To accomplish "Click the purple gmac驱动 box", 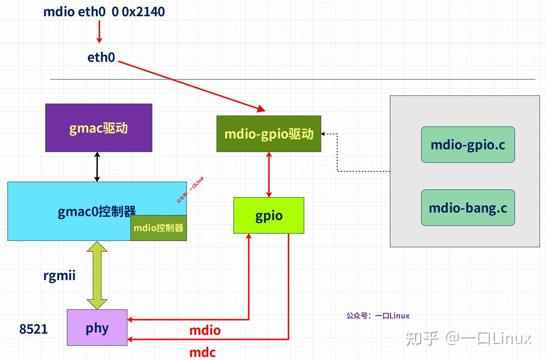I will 99,128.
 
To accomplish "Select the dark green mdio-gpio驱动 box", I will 269,134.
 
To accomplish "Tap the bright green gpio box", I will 269,215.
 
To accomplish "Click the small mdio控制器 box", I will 159,228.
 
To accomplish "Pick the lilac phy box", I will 97,327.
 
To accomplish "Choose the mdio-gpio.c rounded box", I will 468,145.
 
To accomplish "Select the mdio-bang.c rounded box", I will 468,208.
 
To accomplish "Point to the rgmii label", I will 59,275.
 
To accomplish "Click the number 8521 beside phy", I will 33,329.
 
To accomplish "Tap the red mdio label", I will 205,330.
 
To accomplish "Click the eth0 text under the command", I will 101,57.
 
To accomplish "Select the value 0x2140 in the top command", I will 143,12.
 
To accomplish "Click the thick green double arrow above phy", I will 97,275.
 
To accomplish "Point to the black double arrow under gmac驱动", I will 97,167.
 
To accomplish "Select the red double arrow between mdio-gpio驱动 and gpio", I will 269,174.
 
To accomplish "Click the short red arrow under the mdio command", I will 100,32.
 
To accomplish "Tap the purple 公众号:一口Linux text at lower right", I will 378,316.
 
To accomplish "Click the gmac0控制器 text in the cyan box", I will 97,211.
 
